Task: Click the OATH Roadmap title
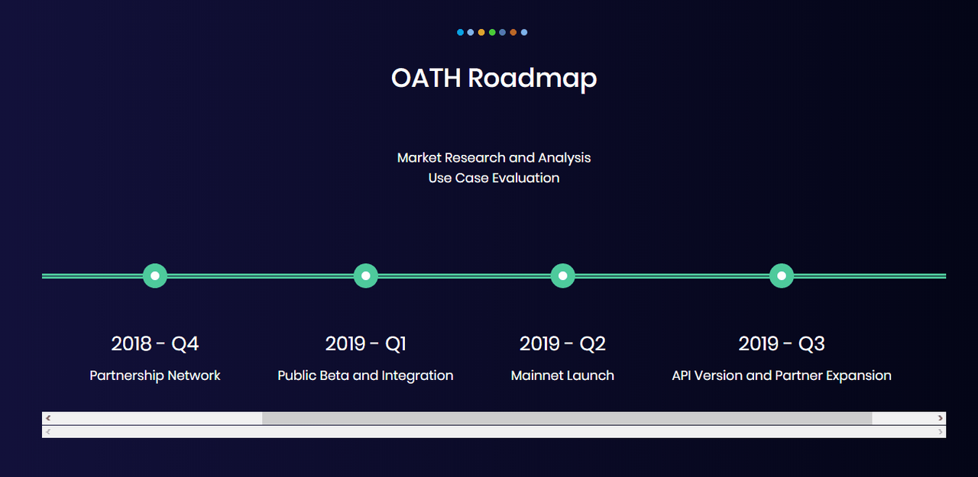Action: click(494, 79)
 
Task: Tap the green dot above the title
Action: click(492, 32)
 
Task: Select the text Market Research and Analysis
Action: click(494, 157)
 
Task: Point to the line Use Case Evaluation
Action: click(494, 178)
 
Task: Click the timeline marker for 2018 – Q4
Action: click(155, 276)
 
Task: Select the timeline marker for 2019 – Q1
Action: click(366, 276)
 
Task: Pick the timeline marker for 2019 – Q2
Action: click(563, 276)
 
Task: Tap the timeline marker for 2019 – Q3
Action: click(782, 276)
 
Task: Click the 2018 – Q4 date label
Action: click(155, 343)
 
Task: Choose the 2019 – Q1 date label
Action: click(366, 343)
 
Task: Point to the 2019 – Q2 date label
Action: click(563, 343)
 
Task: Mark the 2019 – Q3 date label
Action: click(782, 343)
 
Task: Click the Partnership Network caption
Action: click(155, 375)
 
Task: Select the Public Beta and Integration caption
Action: click(365, 375)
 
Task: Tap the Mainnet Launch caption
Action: click(562, 375)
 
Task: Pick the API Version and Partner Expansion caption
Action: click(782, 375)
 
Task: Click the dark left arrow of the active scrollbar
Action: click(48, 418)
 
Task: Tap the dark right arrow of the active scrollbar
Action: click(940, 418)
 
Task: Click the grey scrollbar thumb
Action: click(567, 418)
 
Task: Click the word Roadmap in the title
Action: click(533, 79)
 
